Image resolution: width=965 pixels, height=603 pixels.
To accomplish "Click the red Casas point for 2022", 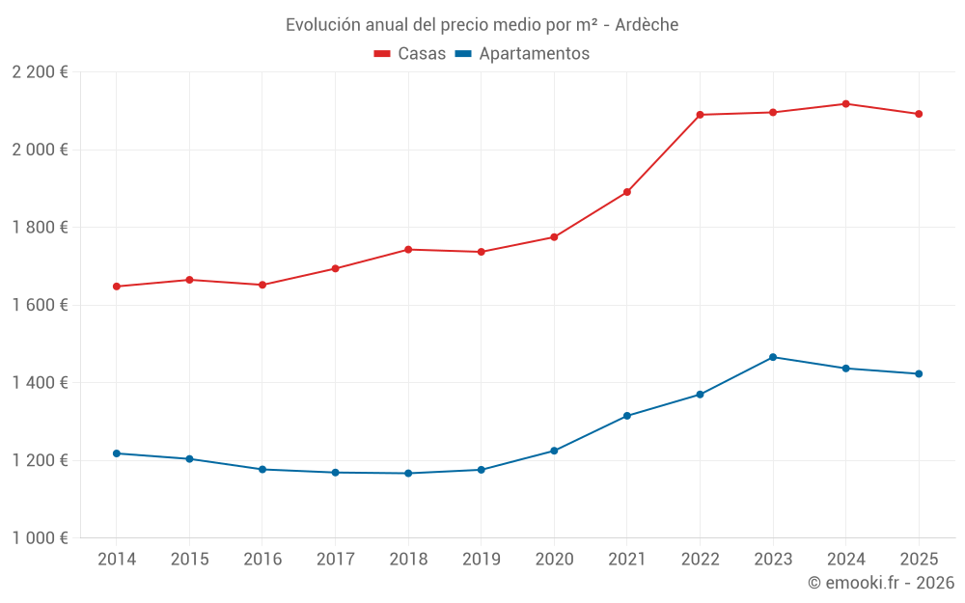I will (700, 115).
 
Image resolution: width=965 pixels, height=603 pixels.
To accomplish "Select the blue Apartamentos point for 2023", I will (773, 357).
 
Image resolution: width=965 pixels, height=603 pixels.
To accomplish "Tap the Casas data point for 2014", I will (116, 287).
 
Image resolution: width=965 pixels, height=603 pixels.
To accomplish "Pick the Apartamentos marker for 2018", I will (408, 474).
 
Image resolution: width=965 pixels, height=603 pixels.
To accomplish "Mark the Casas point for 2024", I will (845, 103).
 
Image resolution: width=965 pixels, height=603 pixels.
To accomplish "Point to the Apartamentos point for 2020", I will (554, 451).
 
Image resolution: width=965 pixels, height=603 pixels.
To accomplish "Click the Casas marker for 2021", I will (627, 192).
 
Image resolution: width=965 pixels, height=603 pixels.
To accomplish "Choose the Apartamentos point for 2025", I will (919, 374).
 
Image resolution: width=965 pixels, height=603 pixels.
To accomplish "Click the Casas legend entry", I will (410, 54).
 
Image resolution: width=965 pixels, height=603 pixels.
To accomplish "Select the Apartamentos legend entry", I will (522, 54).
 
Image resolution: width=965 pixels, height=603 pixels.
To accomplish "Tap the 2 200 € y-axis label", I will (40, 72).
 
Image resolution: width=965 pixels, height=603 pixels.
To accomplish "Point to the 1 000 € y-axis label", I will (40, 538).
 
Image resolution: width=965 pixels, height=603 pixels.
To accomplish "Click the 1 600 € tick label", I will (40, 305).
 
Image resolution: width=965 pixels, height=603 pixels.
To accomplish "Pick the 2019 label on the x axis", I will (481, 560).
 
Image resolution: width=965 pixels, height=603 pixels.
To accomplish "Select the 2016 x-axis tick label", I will (262, 560).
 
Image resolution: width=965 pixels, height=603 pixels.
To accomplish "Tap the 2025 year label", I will (919, 560).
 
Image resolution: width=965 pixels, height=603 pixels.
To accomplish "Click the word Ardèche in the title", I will (647, 25).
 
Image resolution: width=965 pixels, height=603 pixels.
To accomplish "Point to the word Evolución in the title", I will (322, 25).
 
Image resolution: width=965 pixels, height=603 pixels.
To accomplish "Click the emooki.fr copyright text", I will (881, 583).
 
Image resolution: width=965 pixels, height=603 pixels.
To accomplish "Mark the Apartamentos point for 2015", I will (189, 459).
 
